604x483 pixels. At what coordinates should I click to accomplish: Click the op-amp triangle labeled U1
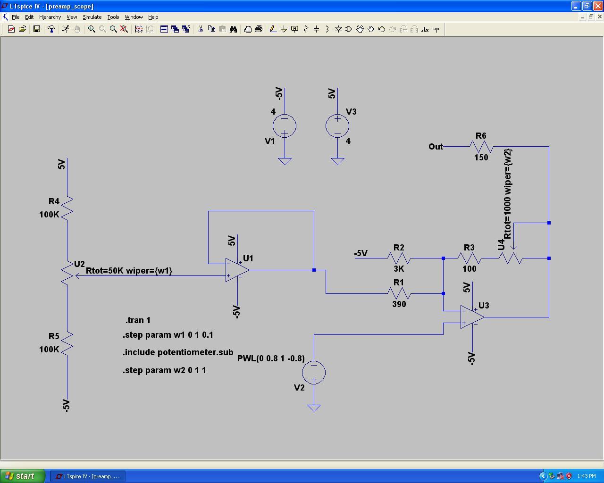(236, 270)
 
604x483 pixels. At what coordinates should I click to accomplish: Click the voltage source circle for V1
(285, 126)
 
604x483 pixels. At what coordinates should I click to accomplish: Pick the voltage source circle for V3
(337, 126)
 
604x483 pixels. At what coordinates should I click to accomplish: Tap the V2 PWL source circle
(314, 373)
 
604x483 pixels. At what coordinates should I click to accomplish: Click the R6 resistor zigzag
(481, 147)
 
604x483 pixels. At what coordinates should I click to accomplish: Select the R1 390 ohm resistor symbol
(399, 293)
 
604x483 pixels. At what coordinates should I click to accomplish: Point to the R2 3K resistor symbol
(399, 258)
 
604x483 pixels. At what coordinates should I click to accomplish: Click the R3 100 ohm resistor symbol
(470, 258)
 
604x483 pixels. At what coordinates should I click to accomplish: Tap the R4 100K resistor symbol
(67, 208)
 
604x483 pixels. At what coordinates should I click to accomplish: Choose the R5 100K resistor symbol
(67, 343)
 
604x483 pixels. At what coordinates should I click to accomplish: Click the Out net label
(436, 147)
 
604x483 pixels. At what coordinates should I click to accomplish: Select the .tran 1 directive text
(138, 320)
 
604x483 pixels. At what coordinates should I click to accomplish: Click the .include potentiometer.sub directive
(178, 352)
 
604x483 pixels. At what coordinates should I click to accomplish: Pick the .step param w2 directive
(164, 370)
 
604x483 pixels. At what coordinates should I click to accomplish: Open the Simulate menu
(92, 17)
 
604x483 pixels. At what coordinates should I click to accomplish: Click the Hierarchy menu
(50, 17)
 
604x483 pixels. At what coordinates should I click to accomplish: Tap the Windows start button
(23, 476)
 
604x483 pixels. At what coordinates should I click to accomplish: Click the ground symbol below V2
(314, 408)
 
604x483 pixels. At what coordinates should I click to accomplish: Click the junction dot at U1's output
(314, 270)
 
